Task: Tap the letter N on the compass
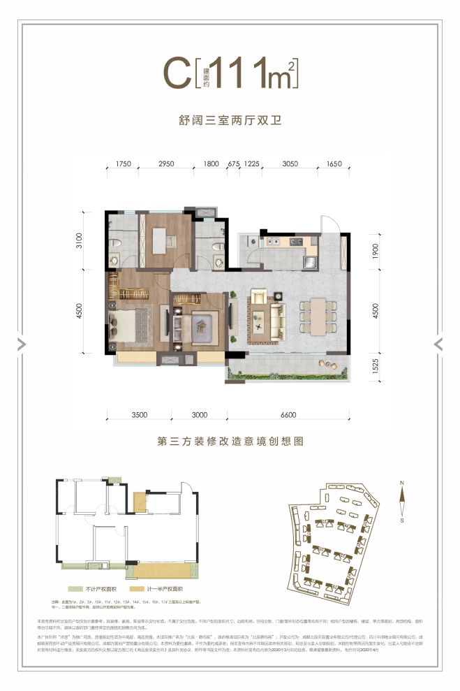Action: (x=402, y=483)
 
